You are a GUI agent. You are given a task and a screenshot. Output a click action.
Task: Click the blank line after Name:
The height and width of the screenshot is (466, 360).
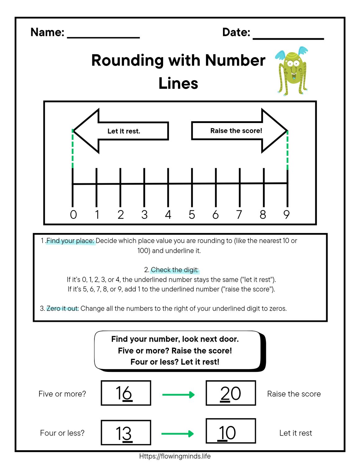coord(103,37)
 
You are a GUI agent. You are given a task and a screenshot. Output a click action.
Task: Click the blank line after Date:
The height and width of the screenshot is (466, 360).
coord(288,38)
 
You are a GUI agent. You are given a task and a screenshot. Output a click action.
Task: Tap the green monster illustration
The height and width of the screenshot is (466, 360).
coord(292,71)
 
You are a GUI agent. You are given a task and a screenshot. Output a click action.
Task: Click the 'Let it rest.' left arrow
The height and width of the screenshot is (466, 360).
coord(121,131)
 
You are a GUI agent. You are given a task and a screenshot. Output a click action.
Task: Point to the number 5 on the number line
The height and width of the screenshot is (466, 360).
coord(192,215)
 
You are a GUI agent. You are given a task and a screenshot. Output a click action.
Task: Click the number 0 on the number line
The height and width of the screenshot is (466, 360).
coord(73,215)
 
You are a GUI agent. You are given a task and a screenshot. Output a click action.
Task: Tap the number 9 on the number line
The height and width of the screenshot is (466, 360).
coord(286,215)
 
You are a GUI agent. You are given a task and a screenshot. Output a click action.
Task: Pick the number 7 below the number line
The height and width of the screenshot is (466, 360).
coord(239,215)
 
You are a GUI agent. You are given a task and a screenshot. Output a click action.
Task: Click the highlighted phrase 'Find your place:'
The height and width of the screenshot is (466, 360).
coord(70,241)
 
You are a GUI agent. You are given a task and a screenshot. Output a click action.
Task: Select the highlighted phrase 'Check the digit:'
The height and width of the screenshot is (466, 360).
coord(175,270)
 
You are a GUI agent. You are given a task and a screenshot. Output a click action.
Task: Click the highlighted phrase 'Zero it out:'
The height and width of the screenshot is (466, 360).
coord(62,308)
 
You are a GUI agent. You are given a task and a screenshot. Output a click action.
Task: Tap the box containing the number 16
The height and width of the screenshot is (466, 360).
coord(126,393)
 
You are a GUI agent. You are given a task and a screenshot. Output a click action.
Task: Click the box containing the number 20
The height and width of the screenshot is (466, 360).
coord(231,393)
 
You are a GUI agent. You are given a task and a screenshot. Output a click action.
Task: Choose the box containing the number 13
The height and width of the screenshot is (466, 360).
coord(126,432)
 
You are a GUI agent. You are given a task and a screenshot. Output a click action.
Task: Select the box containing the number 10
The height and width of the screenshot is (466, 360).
coord(231,431)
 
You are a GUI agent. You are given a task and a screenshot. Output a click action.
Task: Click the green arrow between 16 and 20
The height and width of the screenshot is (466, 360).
coord(178,395)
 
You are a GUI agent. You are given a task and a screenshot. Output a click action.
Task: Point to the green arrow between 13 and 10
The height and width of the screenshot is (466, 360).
coord(178,434)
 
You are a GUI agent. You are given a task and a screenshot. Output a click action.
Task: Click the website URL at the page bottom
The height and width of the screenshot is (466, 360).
coord(175,456)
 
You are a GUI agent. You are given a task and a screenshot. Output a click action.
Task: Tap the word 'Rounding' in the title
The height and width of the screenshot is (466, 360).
coord(127,60)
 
